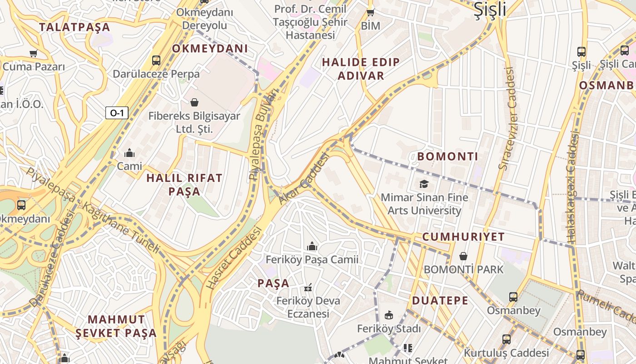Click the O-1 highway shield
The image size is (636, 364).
[x=117, y=113]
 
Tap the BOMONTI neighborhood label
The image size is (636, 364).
[x=447, y=157]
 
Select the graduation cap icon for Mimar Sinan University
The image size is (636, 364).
[x=424, y=184]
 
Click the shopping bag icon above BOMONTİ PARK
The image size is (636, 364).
[x=463, y=256]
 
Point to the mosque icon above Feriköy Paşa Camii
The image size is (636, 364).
[x=312, y=246]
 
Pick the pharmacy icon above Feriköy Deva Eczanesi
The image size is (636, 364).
[x=308, y=288]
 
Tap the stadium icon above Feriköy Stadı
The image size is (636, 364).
[x=389, y=315]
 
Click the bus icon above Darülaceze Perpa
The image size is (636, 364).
[x=156, y=60]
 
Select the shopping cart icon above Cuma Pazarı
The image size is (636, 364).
[x=33, y=53]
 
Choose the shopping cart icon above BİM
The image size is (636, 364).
[x=370, y=12]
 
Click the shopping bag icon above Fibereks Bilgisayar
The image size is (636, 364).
[x=194, y=102]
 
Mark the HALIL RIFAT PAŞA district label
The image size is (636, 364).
[x=184, y=184]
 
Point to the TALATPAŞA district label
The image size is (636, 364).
[x=75, y=27]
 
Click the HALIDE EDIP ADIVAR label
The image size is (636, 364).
[x=361, y=69]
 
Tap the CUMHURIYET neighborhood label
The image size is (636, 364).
[x=463, y=237]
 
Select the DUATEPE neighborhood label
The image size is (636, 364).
[x=440, y=300]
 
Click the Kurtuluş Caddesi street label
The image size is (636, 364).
[x=506, y=353]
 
